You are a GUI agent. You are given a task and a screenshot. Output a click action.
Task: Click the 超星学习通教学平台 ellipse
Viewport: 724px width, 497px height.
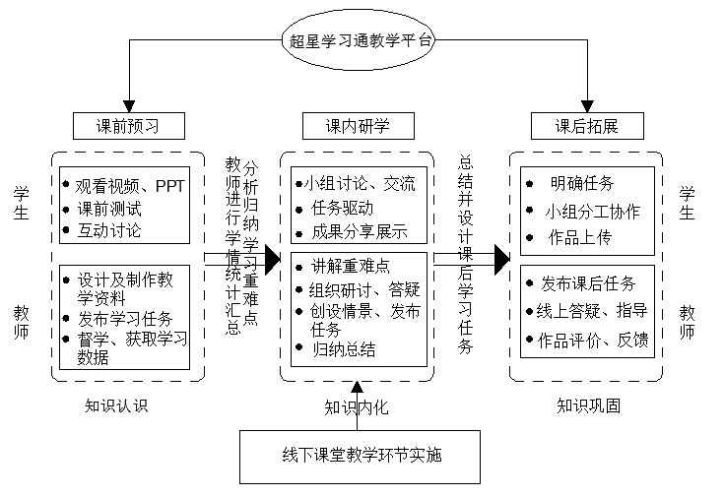[362, 41]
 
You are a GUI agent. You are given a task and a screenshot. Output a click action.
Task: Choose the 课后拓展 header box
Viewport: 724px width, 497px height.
[586, 126]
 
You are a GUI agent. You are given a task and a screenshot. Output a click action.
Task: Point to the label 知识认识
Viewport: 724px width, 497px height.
[116, 404]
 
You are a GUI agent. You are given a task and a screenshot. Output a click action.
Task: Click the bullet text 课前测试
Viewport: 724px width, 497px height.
[109, 208]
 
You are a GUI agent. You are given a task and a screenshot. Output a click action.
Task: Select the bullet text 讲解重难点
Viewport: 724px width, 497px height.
[351, 265]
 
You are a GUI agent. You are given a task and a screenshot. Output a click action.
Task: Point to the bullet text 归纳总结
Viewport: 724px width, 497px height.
[344, 349]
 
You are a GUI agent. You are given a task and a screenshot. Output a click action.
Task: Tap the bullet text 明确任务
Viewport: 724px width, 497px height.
[582, 183]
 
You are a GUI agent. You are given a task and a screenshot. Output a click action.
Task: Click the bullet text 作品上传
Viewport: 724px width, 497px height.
[582, 237]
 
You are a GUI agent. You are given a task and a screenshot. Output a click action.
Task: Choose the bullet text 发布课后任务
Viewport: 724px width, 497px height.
[588, 283]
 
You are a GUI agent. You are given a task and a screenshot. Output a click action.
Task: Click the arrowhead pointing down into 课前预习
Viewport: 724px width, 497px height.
[128, 102]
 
